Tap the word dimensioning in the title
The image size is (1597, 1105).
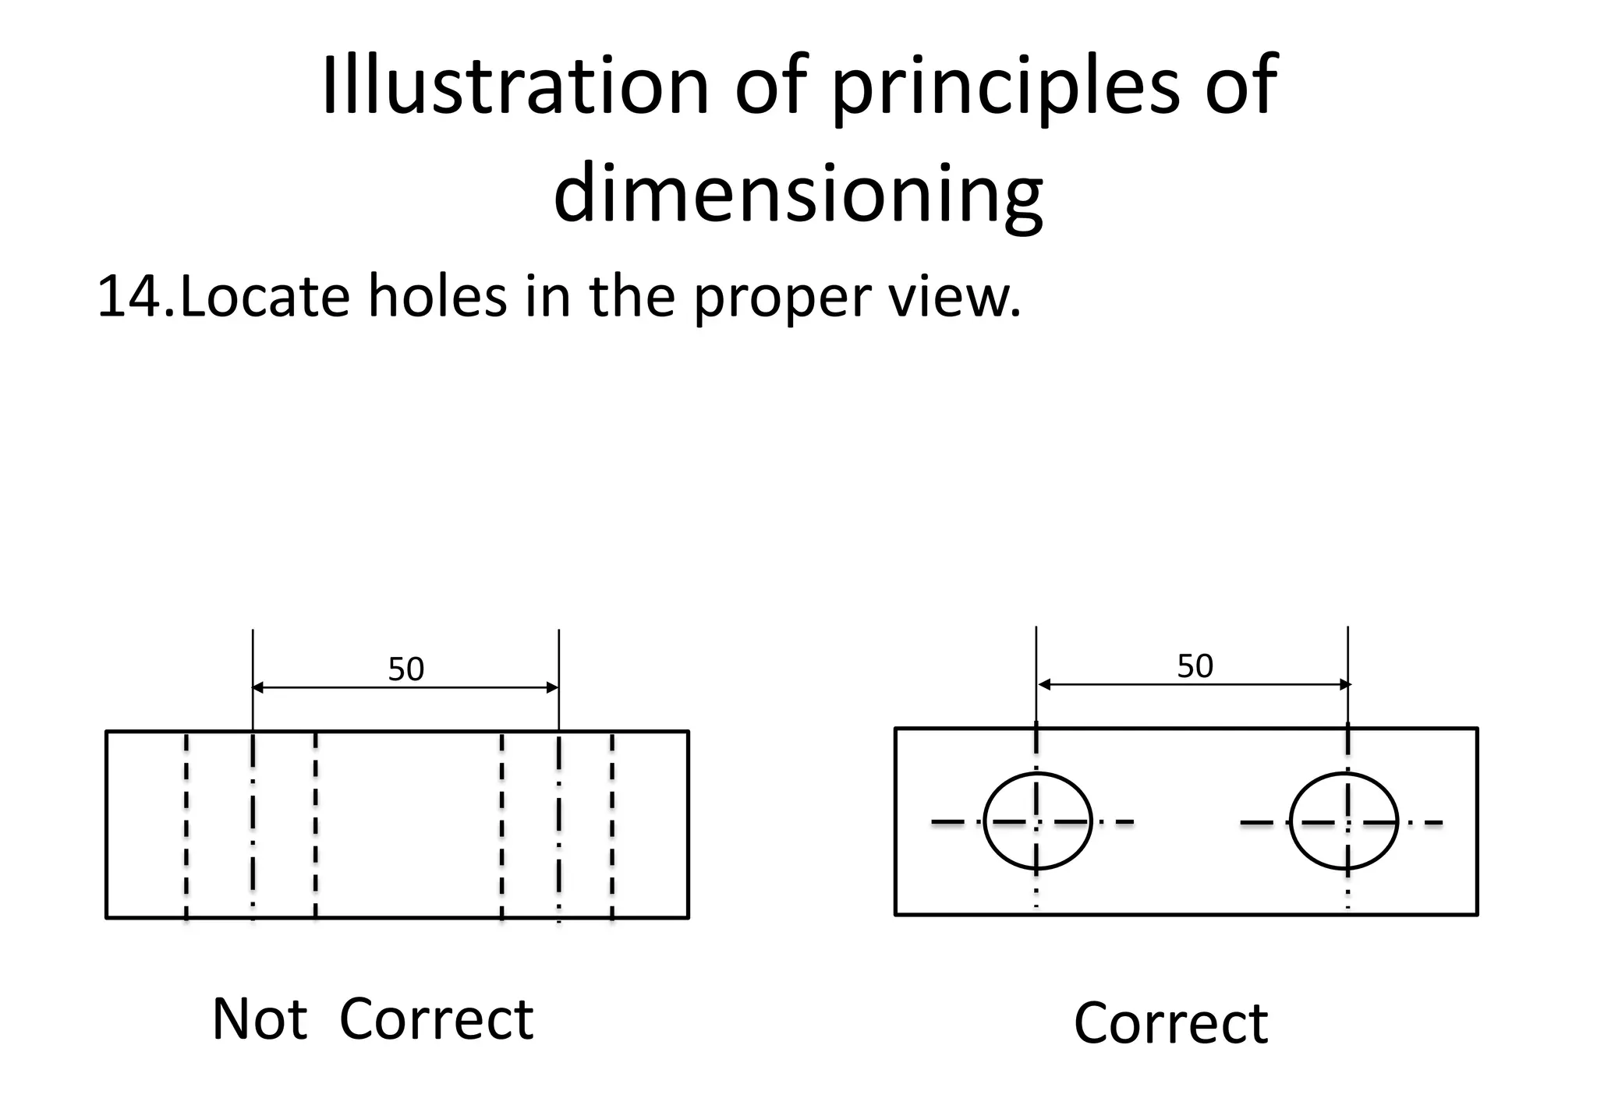(x=797, y=192)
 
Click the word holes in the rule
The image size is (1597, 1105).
(x=437, y=296)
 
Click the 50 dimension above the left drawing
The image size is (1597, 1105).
(x=405, y=669)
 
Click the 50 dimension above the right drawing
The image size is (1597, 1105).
(x=1195, y=666)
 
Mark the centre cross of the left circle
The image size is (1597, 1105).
(x=1036, y=821)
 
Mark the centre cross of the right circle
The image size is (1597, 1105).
(x=1347, y=822)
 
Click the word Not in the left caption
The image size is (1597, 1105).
(x=259, y=1019)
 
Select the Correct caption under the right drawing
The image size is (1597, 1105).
(x=1170, y=1022)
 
